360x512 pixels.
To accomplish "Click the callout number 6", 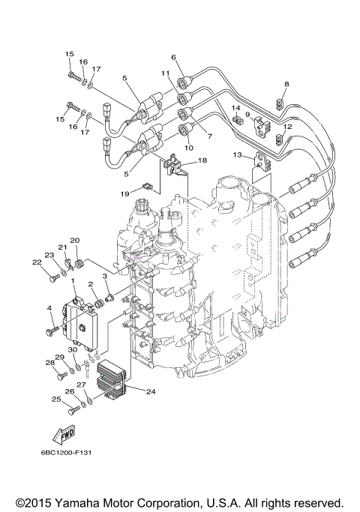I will point(173,57).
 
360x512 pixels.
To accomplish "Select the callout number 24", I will point(151,391).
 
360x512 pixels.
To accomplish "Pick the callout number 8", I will point(286,84).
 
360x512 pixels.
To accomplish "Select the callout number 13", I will point(237,155).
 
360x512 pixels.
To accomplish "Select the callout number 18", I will point(202,160).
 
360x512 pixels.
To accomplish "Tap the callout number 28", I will point(49,362).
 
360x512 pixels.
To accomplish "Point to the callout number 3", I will point(105,277).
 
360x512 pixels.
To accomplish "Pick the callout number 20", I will point(74,240).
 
